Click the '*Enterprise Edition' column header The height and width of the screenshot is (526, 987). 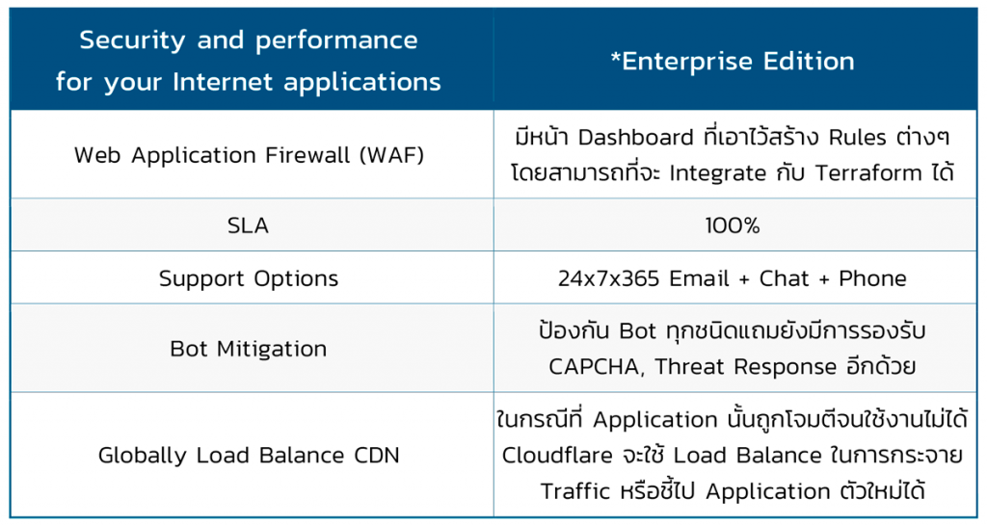(x=733, y=62)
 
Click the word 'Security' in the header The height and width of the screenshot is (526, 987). (x=132, y=41)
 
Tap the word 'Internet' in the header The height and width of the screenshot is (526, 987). (x=223, y=82)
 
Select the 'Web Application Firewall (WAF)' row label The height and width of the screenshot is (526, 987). (x=249, y=155)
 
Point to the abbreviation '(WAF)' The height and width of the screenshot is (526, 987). (x=391, y=155)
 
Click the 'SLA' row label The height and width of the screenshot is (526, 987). (x=248, y=225)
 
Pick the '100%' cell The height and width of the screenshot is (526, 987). (x=733, y=225)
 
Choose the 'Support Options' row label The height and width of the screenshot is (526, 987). (x=249, y=278)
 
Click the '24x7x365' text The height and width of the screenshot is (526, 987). (x=608, y=278)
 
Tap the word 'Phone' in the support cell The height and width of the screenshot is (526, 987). (x=872, y=278)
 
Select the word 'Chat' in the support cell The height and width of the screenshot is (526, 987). (x=784, y=278)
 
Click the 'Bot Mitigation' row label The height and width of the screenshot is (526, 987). (x=249, y=349)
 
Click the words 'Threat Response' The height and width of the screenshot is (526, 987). (x=746, y=367)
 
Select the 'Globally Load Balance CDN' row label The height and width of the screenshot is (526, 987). (x=249, y=456)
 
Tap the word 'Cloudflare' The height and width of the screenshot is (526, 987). (x=557, y=455)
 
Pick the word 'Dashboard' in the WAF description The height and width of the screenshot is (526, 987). (x=636, y=137)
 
